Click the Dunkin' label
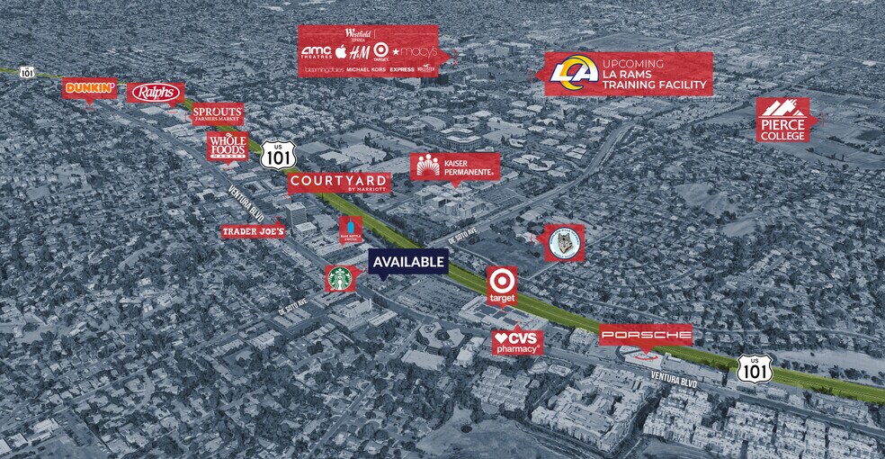[x=90, y=88]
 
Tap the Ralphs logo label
[x=156, y=93]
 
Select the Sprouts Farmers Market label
[x=218, y=113]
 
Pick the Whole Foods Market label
[x=227, y=146]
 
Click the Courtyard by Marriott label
[x=339, y=183]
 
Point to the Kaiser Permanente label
[x=454, y=166]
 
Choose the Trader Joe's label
[x=254, y=232]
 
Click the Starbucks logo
[x=341, y=278]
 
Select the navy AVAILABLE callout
[x=408, y=262]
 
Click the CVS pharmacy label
[x=517, y=342]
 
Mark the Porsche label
[x=646, y=335]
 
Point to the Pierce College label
[x=782, y=121]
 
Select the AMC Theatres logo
[x=317, y=52]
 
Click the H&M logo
[x=359, y=52]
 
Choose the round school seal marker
[x=565, y=242]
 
